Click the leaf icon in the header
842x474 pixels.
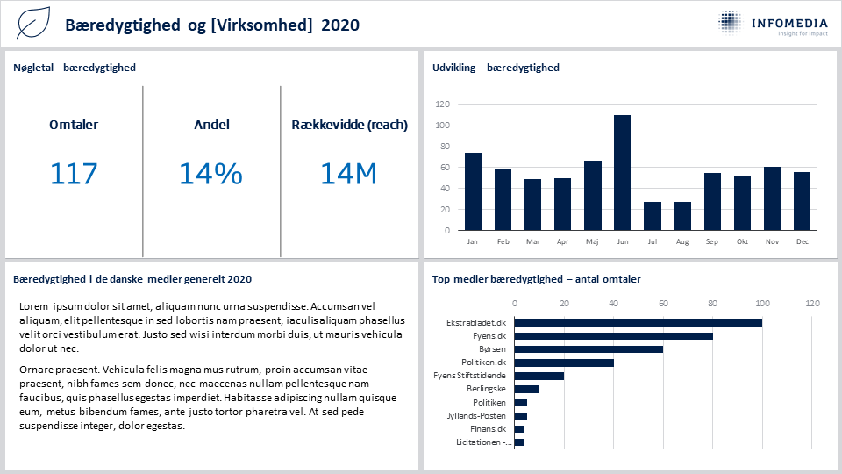coord(33,23)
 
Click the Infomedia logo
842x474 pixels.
coord(774,23)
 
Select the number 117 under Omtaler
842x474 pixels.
coord(74,174)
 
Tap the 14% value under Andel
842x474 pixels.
coord(210,174)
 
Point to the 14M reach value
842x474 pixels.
coord(348,174)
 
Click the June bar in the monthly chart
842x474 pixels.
coord(623,173)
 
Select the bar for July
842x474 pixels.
coord(653,216)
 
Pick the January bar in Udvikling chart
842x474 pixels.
coord(473,192)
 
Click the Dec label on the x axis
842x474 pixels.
coord(803,242)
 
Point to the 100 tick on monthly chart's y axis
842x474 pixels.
coord(442,126)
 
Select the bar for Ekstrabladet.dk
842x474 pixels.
coord(638,322)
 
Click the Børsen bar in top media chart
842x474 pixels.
coord(589,349)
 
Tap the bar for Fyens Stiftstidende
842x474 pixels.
coord(539,376)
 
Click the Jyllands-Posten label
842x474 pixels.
coord(476,416)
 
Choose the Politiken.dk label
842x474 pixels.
coord(484,363)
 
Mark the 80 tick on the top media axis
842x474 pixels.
coord(712,304)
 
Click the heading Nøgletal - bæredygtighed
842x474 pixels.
coord(75,68)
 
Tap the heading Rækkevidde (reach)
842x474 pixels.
coord(350,125)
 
